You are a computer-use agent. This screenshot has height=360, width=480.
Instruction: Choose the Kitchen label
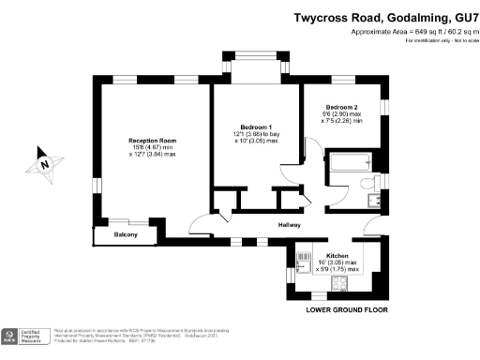pyautogui.click(x=338, y=256)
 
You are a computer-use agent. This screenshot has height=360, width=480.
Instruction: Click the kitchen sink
pyautogui.click(x=303, y=260)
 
